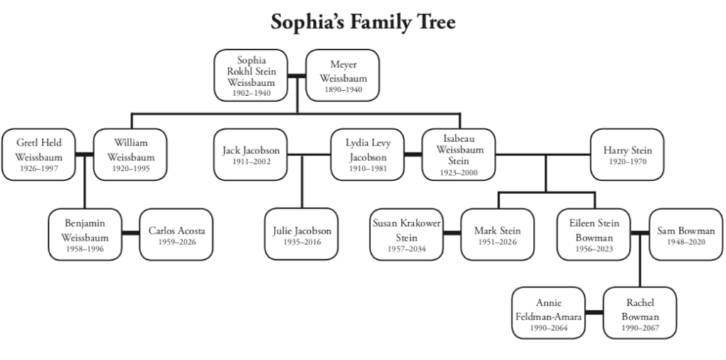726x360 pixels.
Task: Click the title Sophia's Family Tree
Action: tap(363, 22)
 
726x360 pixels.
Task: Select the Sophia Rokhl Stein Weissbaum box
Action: tap(251, 75)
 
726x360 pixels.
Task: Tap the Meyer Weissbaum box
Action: tap(343, 75)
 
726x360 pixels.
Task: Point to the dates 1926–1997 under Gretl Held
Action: tap(39, 169)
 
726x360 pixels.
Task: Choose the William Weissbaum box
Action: tap(131, 154)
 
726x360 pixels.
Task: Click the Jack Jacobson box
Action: tap(251, 154)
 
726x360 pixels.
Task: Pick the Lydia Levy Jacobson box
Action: tap(368, 154)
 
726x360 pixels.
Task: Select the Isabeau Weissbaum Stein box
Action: tap(458, 154)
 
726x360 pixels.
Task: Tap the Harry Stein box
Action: tap(627, 154)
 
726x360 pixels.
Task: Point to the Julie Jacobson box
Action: tap(302, 234)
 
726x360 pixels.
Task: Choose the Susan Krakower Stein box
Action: tap(407, 234)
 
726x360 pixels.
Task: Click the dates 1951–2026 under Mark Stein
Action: tap(497, 242)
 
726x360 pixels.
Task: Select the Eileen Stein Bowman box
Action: tap(594, 234)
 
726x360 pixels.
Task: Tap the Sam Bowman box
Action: tap(686, 234)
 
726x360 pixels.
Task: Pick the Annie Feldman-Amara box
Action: tap(549, 313)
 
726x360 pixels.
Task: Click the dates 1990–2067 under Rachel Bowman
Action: tap(640, 328)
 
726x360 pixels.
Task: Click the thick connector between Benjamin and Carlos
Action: tap(130, 234)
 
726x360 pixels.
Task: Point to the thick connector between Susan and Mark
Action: tap(451, 234)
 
